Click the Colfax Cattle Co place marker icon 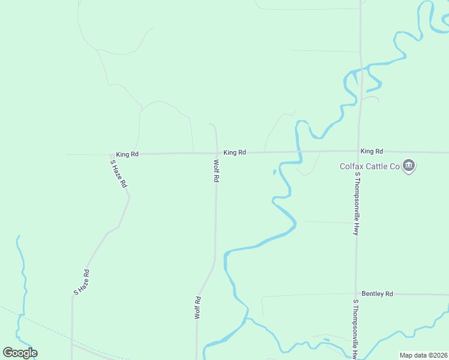(x=409, y=166)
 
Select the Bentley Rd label (x=377, y=294)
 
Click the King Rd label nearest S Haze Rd (x=127, y=154)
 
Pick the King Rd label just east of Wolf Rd (x=235, y=152)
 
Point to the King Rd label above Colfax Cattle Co (x=372, y=151)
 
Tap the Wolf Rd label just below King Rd (x=215, y=171)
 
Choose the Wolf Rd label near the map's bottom (x=197, y=307)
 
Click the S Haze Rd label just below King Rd (x=119, y=173)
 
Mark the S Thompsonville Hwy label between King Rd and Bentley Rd (x=356, y=203)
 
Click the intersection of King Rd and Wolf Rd (x=217, y=153)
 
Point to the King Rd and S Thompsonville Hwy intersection (x=358, y=151)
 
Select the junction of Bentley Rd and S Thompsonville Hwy (x=356, y=295)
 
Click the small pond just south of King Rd (x=274, y=172)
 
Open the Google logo (x=20, y=353)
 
